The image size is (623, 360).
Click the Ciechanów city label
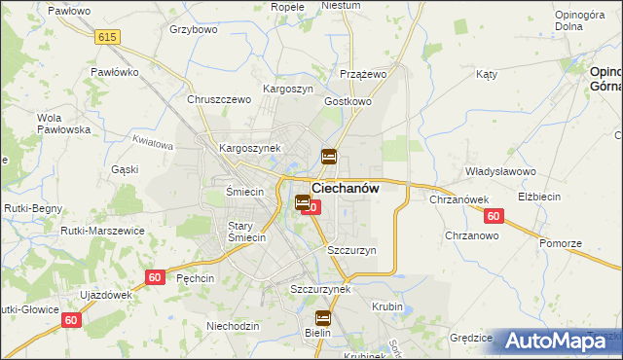click(345, 189)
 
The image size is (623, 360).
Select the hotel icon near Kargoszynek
click(329, 156)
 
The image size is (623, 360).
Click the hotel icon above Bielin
click(323, 317)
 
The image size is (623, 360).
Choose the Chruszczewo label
click(220, 99)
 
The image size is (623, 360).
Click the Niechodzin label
click(233, 326)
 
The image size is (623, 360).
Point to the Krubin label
click(386, 306)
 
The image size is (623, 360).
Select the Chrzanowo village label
click(472, 235)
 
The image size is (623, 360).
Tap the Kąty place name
click(487, 74)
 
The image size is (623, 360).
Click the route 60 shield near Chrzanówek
click(494, 216)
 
